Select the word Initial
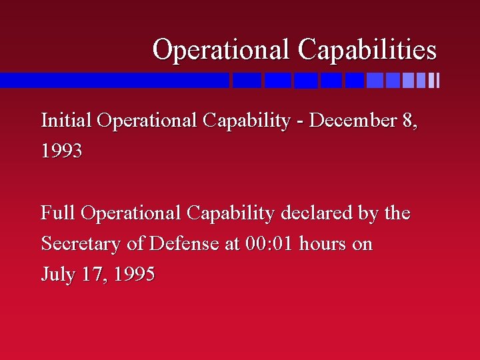click(x=66, y=121)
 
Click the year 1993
click(x=61, y=151)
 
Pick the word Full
click(x=58, y=213)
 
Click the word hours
click(x=323, y=244)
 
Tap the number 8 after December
click(x=408, y=121)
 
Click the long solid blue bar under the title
click(x=113, y=81)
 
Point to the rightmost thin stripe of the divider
click(x=437, y=81)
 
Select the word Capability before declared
click(x=231, y=213)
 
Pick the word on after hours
click(x=362, y=244)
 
